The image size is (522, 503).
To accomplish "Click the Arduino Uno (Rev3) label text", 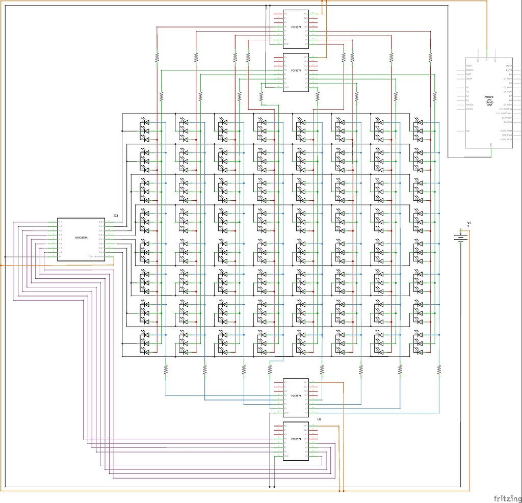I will pos(489,99).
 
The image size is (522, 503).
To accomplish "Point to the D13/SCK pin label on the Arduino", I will pos(506,122).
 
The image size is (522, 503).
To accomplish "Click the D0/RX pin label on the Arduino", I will pos(508,66).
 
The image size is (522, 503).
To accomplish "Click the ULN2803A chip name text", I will pos(81,237).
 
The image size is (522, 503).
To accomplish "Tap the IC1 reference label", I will pos(116,216).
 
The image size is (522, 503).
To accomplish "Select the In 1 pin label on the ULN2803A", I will pos(60,222).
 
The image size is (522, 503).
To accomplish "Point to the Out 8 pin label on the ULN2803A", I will pos(101,252).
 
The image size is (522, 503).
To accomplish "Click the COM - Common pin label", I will pos(96,256).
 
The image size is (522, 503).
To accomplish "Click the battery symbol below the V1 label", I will pos(461,237).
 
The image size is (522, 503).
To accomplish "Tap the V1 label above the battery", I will pos(469,224).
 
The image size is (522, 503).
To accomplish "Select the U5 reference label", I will pos(319,419).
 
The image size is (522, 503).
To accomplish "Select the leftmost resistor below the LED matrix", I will pos(166,368).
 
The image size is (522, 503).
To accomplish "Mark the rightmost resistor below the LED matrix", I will pos(439,368).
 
